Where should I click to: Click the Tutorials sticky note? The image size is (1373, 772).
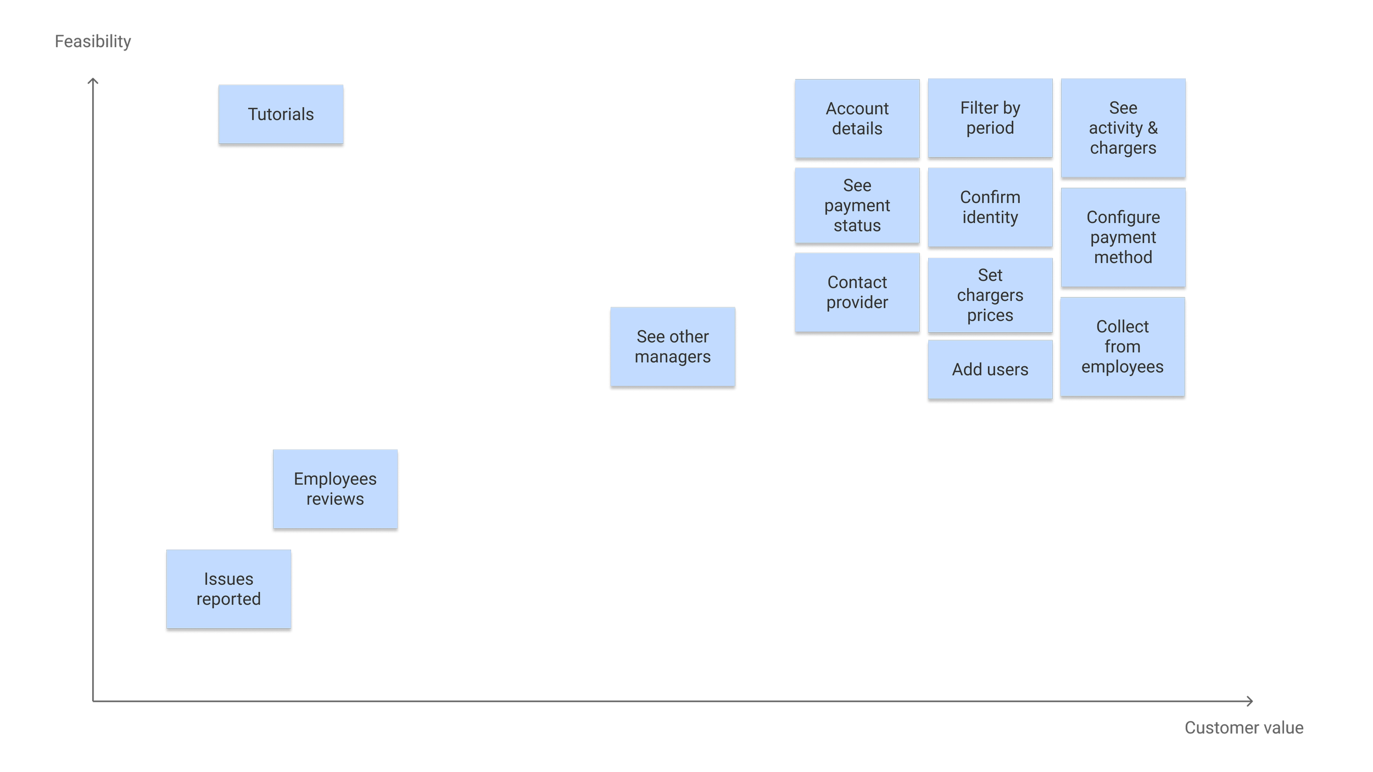281,114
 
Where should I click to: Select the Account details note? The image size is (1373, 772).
857,119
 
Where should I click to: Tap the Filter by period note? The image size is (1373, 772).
990,118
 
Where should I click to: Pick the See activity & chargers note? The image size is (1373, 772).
1123,128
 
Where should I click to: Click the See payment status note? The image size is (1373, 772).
857,205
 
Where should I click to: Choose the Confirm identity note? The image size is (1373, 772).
990,207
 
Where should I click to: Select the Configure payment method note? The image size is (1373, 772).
1123,237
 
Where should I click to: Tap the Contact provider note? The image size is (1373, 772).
857,292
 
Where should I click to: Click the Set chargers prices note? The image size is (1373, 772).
990,295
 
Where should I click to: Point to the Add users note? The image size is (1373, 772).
990,370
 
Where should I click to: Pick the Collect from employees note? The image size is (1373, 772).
1123,346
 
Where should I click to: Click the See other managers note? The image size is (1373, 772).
673,346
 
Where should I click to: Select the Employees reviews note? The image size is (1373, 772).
335,489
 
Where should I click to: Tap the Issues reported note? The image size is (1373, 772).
228,589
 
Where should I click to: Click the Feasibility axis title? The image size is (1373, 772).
93,41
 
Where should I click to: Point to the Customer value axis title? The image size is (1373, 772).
1244,728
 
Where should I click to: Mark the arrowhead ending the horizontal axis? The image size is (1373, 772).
1251,701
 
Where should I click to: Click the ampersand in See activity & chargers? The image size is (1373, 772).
1153,128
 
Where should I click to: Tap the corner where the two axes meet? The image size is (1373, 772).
93,701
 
